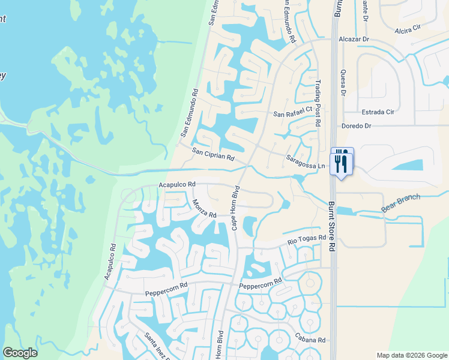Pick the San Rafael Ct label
[x=293, y=112]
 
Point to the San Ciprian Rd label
[x=213, y=156]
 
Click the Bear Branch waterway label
[x=402, y=203]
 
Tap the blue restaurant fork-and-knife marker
[x=342, y=161]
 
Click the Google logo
[x=20, y=353]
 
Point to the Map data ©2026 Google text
[x=412, y=355]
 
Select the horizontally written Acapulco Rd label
[x=177, y=185]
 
